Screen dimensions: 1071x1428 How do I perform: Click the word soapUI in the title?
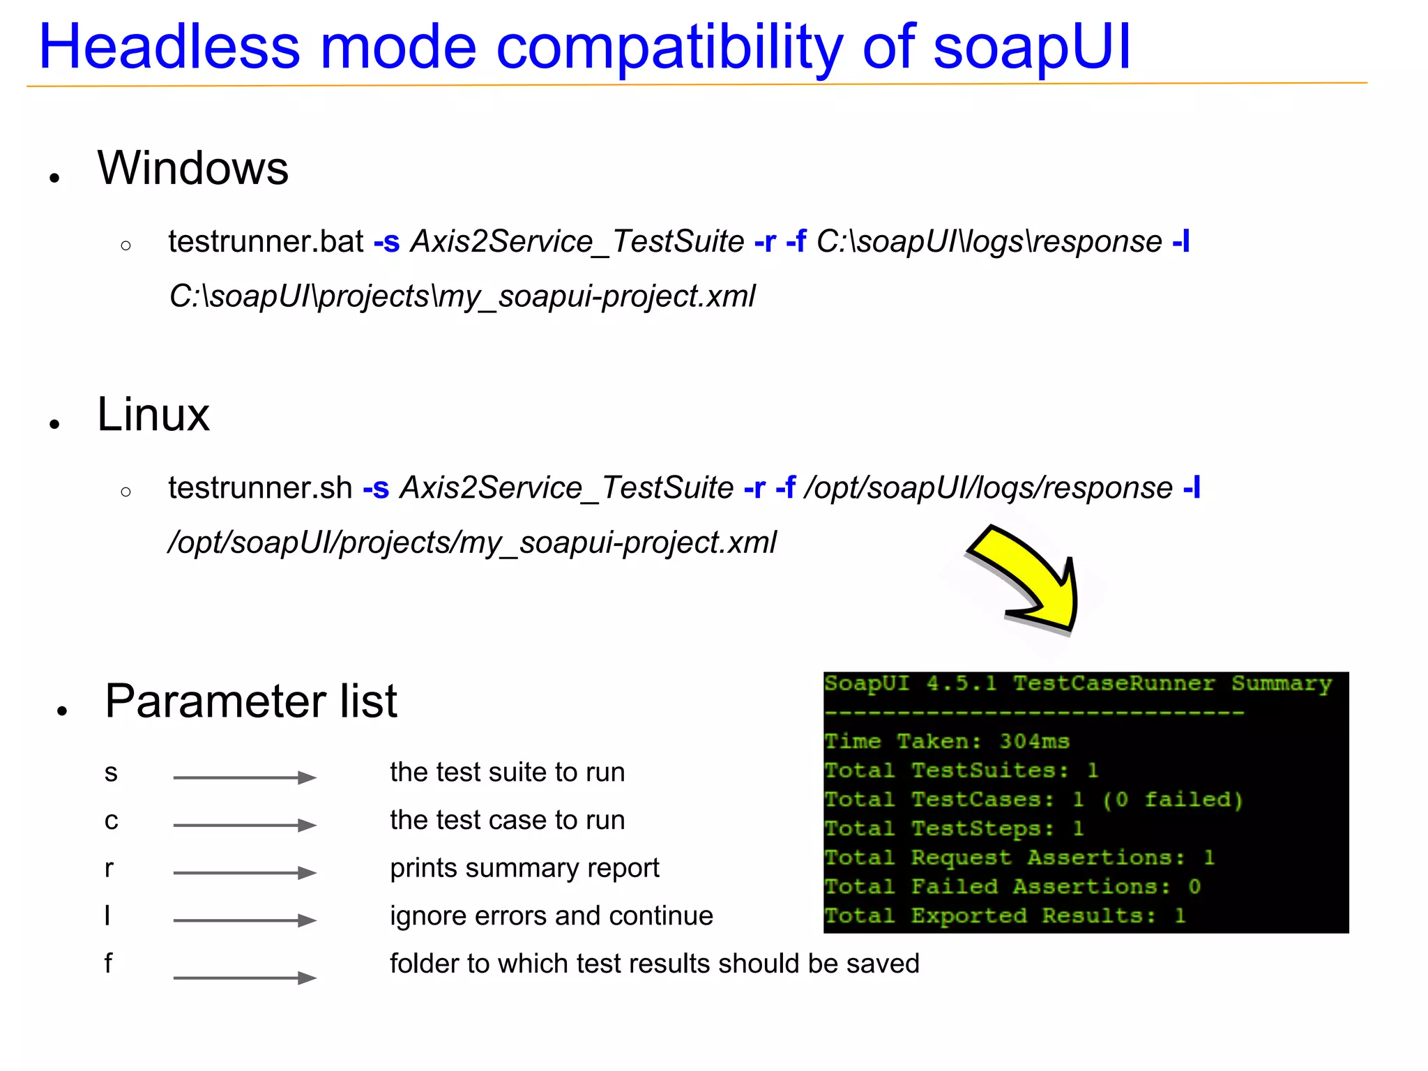(1031, 47)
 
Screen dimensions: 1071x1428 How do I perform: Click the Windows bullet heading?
(192, 168)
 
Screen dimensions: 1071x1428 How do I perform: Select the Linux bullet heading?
(153, 415)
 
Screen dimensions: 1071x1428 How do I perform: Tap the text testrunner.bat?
(266, 242)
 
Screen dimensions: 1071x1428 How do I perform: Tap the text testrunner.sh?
(260, 488)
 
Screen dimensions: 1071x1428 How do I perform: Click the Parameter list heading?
(251, 701)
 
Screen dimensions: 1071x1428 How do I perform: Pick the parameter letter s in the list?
(111, 773)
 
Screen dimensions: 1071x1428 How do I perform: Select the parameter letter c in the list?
(111, 821)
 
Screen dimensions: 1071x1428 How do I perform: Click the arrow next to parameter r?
(245, 873)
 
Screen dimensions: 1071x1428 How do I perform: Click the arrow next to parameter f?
(245, 978)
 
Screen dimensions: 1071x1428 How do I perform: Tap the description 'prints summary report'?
(524, 869)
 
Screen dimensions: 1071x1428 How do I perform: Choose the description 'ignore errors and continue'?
(552, 916)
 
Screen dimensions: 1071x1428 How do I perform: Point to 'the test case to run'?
(507, 821)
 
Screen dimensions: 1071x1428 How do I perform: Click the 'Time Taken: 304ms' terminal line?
(946, 741)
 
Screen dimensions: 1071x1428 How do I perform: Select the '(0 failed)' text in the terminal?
(1173, 800)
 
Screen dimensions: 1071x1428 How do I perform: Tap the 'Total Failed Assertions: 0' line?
(1012, 887)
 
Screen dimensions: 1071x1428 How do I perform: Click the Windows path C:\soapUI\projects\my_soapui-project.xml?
(462, 297)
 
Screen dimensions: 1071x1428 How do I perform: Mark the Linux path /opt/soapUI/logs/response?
(989, 488)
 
